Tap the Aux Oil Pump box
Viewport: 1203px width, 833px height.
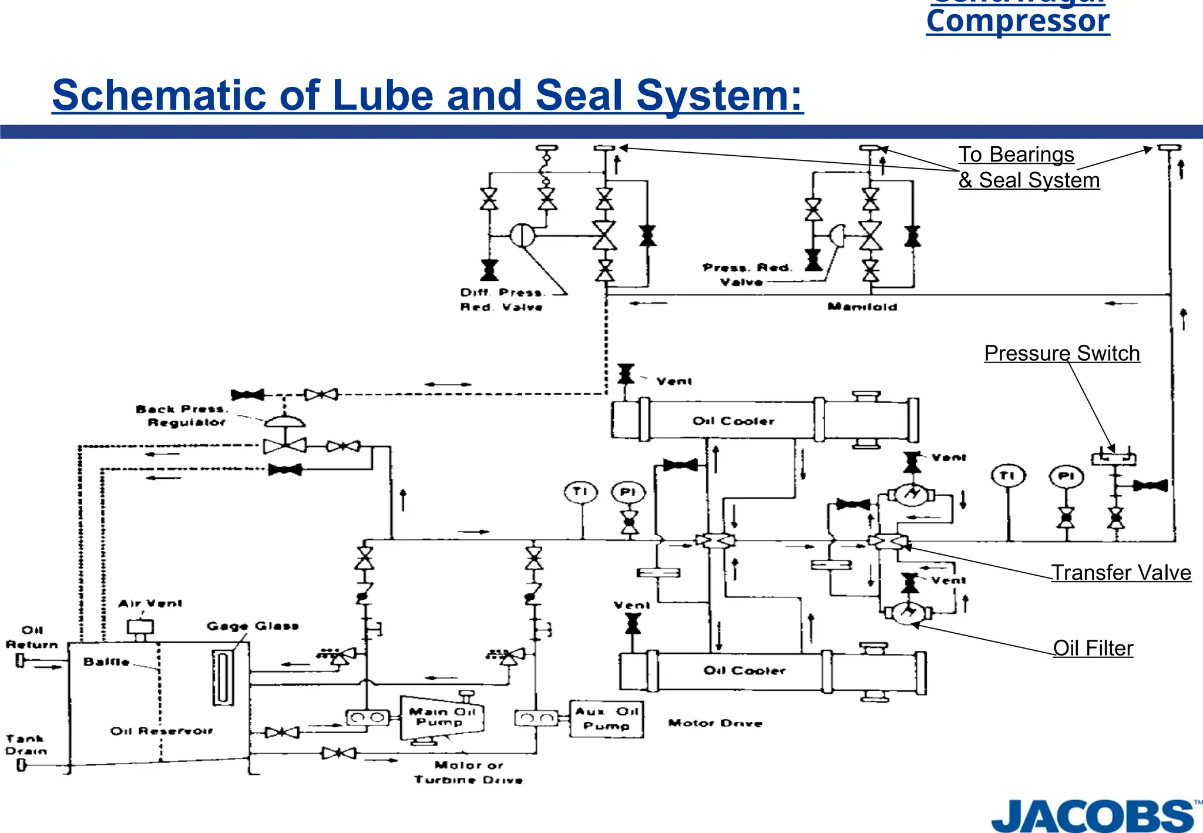pos(606,718)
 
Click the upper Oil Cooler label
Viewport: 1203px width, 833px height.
pos(733,421)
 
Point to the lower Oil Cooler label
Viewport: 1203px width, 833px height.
pos(744,670)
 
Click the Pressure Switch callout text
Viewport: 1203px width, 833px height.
pos(1061,353)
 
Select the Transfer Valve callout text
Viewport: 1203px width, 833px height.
pos(1121,572)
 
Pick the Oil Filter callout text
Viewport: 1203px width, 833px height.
pos(1093,648)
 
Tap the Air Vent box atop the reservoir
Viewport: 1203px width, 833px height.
pos(140,627)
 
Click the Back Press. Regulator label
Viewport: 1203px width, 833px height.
pos(182,415)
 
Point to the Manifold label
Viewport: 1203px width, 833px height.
pos(862,306)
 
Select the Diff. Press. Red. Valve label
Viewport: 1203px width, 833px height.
pos(502,300)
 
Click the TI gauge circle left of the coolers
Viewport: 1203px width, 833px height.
pos(580,492)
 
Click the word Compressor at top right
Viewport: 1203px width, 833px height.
pos(1017,22)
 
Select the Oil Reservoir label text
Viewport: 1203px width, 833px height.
pos(162,731)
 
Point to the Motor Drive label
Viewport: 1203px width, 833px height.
pos(715,723)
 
